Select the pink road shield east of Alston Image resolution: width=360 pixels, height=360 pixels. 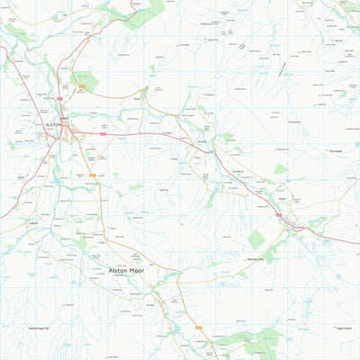tap(103, 134)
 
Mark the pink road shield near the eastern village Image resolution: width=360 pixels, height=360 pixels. tap(279, 215)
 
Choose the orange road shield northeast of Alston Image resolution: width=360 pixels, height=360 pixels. tap(82, 86)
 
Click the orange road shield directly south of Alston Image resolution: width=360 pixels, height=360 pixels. tap(91, 175)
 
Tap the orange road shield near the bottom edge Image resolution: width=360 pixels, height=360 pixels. tap(199, 328)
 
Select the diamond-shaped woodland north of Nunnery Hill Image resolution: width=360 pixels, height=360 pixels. tap(256, 239)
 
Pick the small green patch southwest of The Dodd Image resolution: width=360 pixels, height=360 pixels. tap(282, 168)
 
